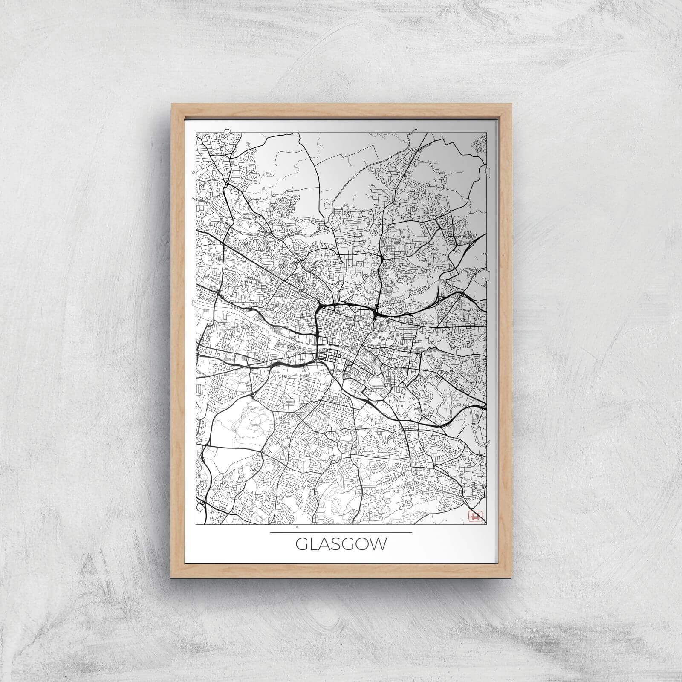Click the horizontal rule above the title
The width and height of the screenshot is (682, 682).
[341, 532]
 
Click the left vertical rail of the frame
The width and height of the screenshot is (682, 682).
[178, 341]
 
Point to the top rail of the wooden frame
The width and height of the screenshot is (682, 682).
[341, 110]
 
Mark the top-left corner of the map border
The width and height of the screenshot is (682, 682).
[196, 133]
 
